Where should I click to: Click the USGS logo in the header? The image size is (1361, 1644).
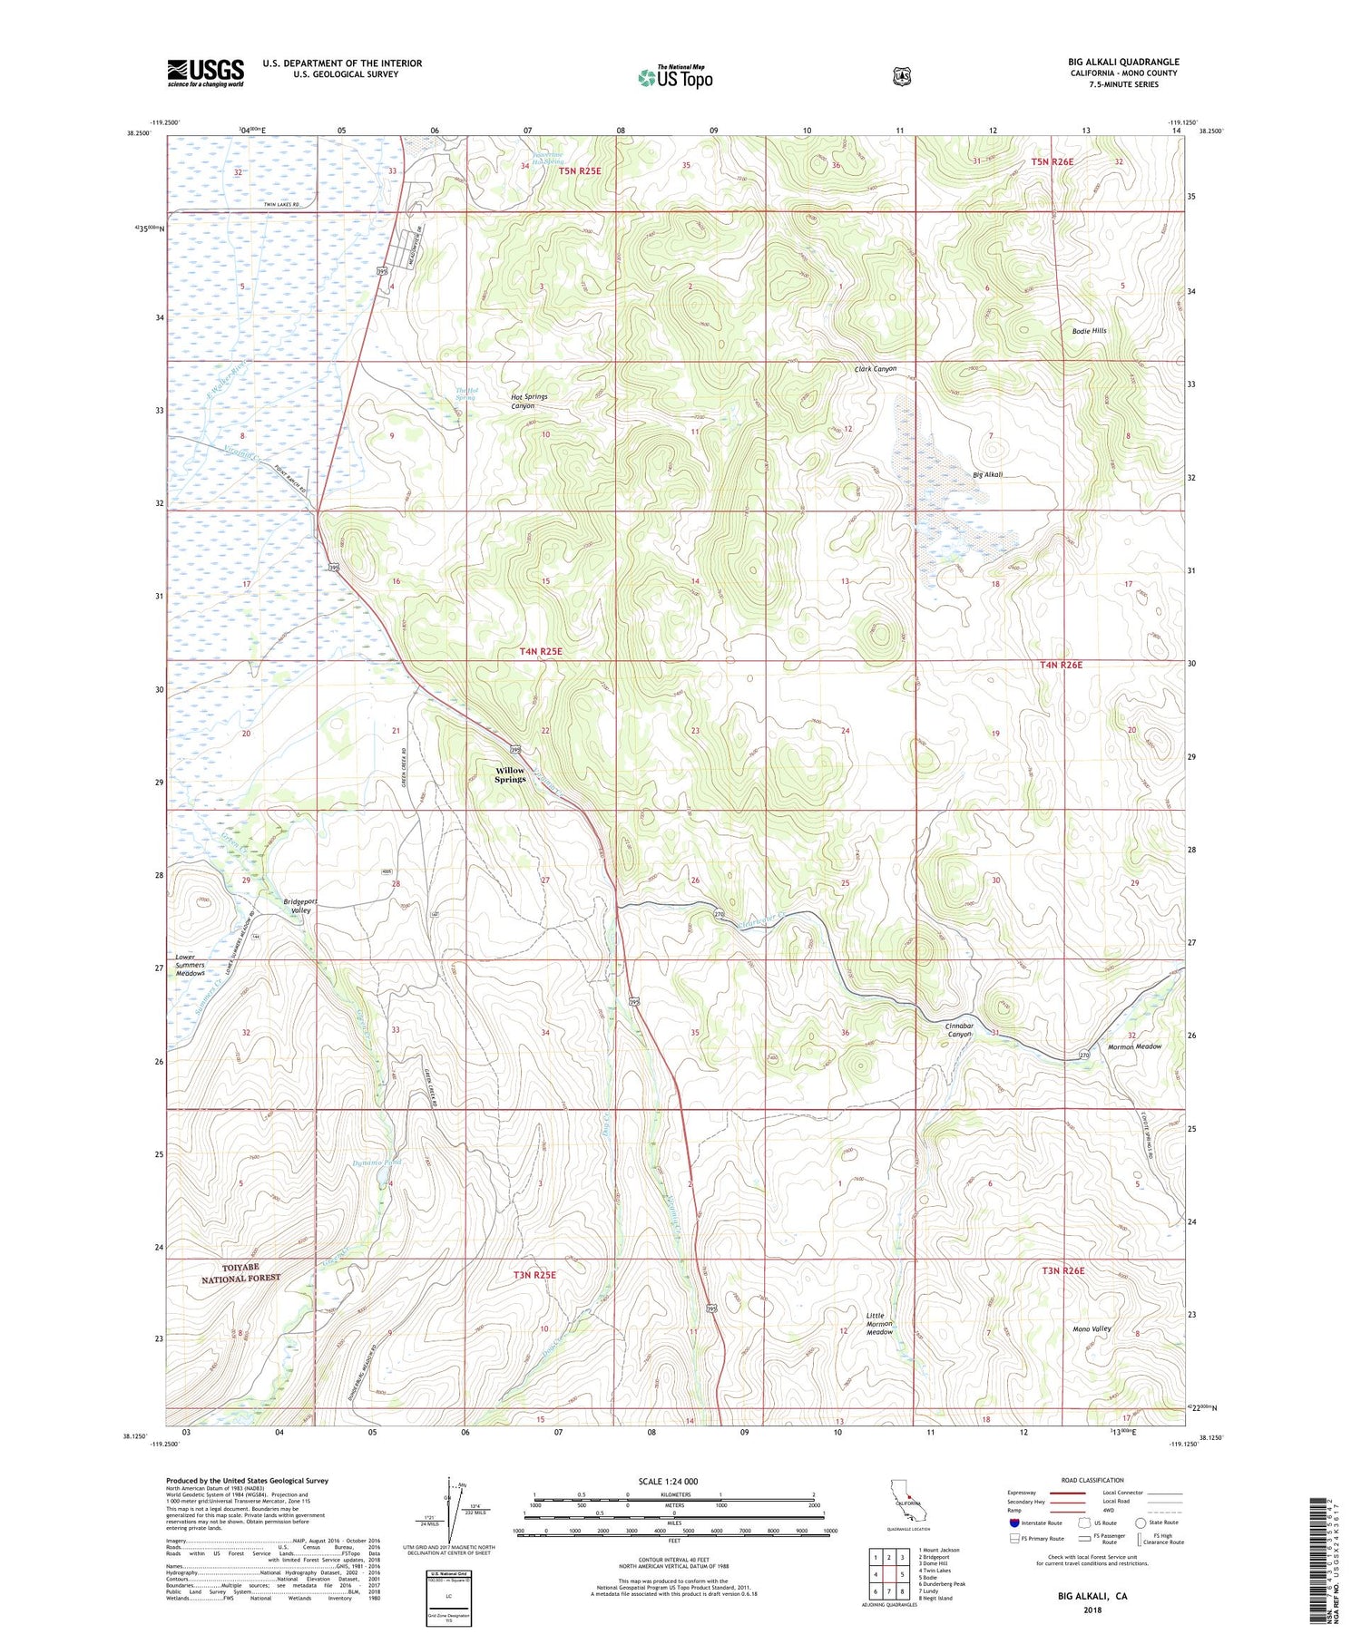pos(205,73)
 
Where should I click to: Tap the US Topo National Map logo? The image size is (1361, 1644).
pos(675,77)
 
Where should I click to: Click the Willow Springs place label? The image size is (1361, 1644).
pos(510,774)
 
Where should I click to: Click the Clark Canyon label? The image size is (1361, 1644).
pos(875,369)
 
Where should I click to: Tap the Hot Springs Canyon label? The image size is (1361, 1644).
pos(529,402)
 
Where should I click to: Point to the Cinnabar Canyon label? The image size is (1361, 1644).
pos(959,1029)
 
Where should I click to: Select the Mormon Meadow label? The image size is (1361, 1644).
pos(1134,1046)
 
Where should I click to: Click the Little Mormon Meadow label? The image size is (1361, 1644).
pos(879,1324)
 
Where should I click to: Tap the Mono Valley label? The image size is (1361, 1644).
pos(1092,1329)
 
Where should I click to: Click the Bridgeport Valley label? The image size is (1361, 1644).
pos(297,906)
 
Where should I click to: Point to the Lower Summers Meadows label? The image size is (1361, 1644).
pos(191,965)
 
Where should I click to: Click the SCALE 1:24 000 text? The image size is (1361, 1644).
pos(674,1481)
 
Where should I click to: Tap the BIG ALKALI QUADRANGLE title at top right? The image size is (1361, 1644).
pos(1123,62)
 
